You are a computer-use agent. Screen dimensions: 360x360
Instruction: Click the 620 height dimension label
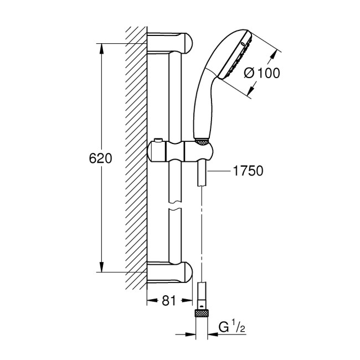[x=101, y=158]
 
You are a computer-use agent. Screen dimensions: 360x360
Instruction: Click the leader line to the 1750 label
[x=220, y=172]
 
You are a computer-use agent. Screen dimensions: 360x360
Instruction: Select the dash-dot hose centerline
[x=203, y=233]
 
